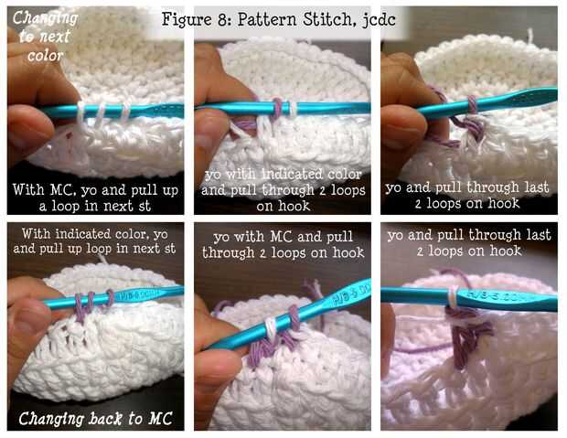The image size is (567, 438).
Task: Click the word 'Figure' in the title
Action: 187,19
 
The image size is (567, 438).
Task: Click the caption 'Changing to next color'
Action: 45,37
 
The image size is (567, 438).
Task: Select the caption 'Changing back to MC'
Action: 95,419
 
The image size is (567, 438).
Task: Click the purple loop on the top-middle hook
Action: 277,108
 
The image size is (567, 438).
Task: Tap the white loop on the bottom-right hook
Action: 452,296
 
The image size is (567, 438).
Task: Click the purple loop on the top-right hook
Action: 472,104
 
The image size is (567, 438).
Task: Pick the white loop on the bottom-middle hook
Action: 271,328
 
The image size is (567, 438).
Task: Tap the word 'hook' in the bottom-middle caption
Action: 348,252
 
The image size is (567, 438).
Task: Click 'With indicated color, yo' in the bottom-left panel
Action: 95,234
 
